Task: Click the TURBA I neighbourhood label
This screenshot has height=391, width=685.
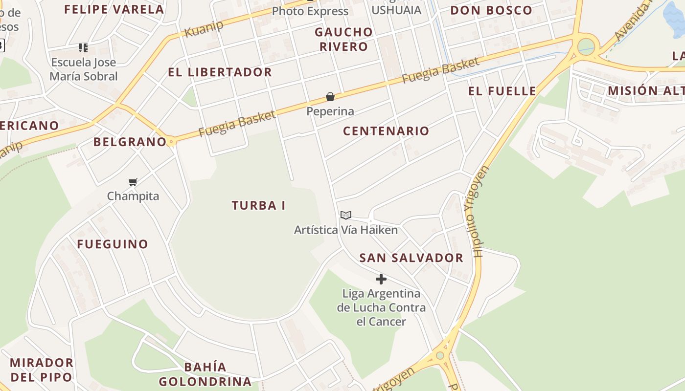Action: (x=258, y=205)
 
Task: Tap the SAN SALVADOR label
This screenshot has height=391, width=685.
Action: (x=411, y=258)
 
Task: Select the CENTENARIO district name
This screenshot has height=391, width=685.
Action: (x=386, y=130)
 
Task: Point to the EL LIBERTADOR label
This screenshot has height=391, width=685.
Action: (x=220, y=72)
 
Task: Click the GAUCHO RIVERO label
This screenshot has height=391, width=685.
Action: (x=343, y=39)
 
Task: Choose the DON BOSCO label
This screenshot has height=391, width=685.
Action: (x=491, y=10)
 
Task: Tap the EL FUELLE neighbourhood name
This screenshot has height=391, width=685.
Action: (x=502, y=90)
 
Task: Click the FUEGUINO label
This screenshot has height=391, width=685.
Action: (x=113, y=244)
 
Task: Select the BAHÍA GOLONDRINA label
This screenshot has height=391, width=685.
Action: (x=205, y=374)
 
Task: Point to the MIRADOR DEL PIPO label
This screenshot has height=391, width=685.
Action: (x=42, y=369)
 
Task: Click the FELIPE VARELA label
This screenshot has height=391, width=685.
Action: (x=114, y=9)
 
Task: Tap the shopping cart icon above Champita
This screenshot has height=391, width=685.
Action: (x=133, y=182)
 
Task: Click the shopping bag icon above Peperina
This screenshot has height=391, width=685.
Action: (x=330, y=97)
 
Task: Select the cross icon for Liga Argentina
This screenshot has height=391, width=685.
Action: (x=381, y=279)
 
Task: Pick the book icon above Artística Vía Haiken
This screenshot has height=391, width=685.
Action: (x=346, y=215)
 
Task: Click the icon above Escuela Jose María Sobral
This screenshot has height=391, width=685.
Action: (x=83, y=48)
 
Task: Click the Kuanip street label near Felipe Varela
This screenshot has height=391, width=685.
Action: (x=204, y=29)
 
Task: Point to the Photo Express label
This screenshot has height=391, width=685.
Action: (x=310, y=11)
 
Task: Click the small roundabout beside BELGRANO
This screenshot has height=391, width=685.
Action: (x=171, y=142)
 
